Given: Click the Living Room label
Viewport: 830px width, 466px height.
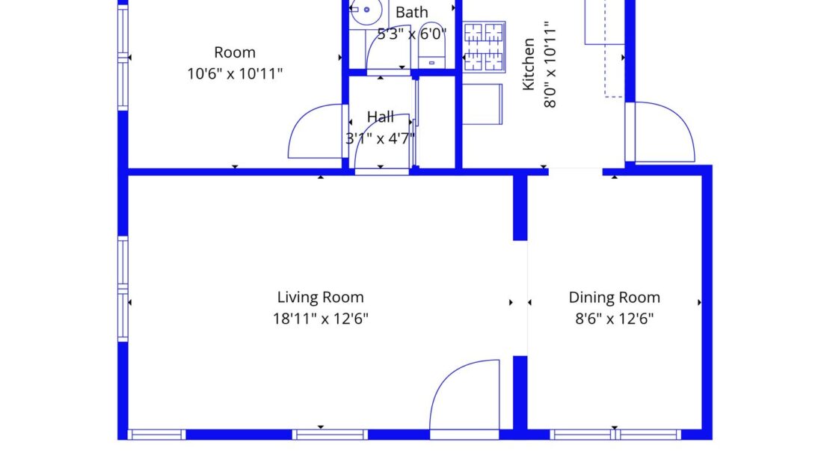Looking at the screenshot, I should (x=320, y=297).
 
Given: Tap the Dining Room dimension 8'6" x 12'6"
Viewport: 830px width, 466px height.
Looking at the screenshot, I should (x=614, y=319).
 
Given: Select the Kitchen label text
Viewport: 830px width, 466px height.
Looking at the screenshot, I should (x=529, y=65).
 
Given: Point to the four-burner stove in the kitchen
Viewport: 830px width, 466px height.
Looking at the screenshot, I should (x=484, y=46).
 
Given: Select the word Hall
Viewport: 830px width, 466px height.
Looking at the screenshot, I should (x=380, y=117).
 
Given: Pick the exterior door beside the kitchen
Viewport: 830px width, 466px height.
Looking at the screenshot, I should (x=663, y=132).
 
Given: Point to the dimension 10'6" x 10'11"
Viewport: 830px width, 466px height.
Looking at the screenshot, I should (x=235, y=73).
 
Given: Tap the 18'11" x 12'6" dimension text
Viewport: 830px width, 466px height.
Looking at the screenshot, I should (x=320, y=319).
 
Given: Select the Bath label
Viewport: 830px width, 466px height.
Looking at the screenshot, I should (x=412, y=13).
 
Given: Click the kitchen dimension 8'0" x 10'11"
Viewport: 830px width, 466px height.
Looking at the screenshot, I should (x=551, y=65).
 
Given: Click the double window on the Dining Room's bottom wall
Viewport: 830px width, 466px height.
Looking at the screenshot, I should (x=615, y=435).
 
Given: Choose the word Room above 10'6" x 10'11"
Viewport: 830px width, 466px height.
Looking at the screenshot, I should (x=235, y=52).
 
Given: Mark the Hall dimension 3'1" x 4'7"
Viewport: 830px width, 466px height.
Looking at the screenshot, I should (x=380, y=138).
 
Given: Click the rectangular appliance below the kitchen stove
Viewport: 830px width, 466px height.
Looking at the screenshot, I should (x=482, y=104).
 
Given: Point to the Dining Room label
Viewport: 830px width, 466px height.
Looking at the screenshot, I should (x=614, y=297).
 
